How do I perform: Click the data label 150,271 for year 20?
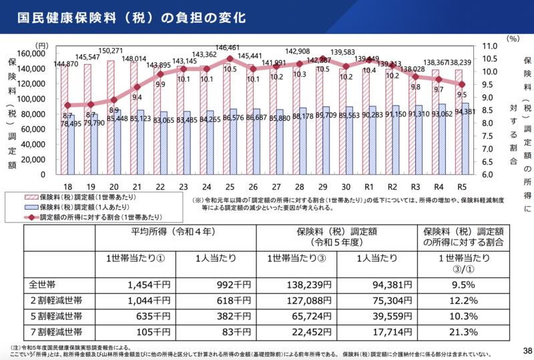(111, 51)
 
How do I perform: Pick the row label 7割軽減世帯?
(57, 333)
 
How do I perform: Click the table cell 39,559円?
(373, 317)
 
